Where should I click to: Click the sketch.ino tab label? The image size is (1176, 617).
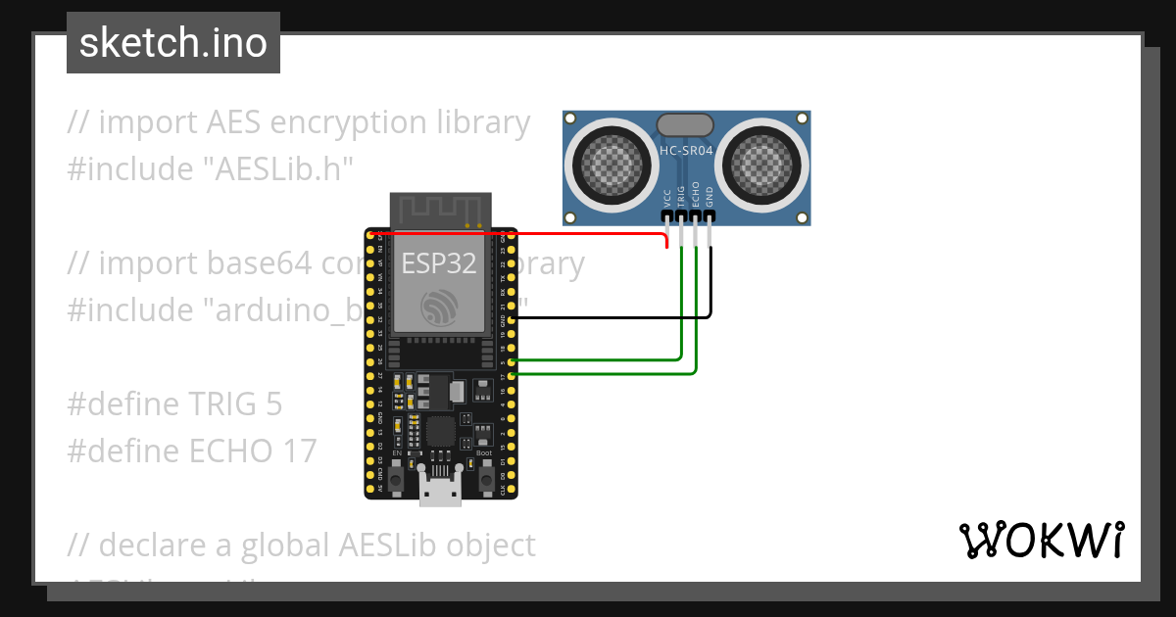(173, 44)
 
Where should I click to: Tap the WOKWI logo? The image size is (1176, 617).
(1041, 541)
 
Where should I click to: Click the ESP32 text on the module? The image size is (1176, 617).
(438, 263)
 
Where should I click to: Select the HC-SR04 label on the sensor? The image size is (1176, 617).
(686, 151)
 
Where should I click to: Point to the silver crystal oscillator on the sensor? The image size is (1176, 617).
(685, 124)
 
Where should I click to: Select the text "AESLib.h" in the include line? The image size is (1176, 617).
(283, 169)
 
